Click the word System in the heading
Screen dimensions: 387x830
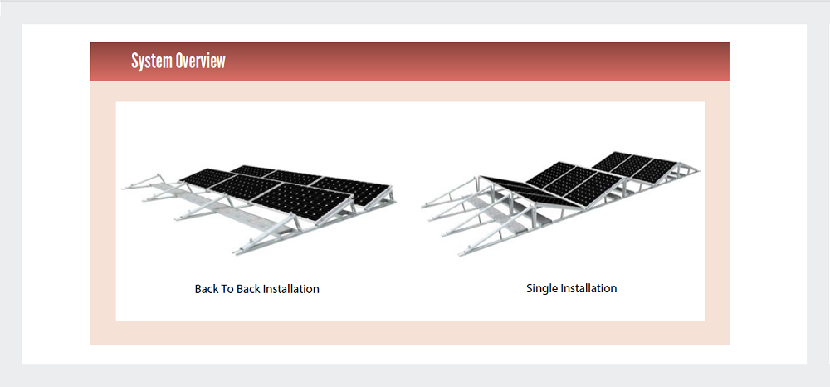(x=152, y=61)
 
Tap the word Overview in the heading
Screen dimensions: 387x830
(x=200, y=61)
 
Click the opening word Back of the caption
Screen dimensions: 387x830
(x=207, y=289)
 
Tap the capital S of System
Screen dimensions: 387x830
(x=136, y=61)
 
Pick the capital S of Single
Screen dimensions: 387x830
(x=530, y=288)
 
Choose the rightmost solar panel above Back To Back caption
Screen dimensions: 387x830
(x=353, y=188)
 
